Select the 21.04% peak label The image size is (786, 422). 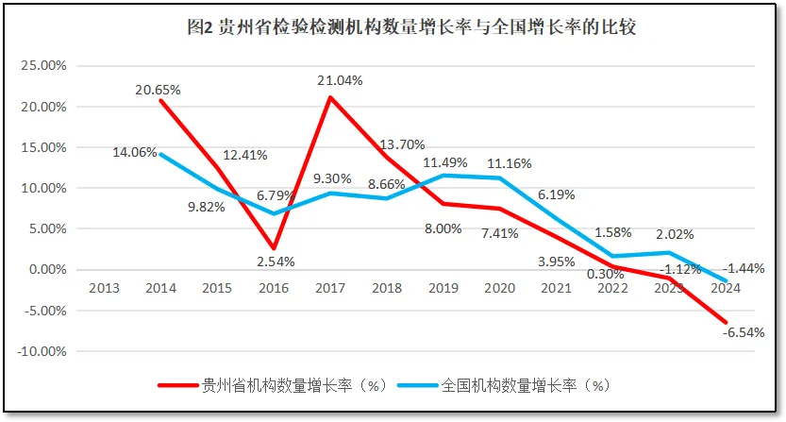tap(340, 80)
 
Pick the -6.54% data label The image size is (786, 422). tap(741, 331)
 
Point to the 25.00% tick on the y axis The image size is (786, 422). tap(42, 66)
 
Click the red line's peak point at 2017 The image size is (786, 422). tap(330, 97)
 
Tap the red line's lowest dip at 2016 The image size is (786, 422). tap(274, 248)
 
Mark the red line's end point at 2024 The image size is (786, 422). tap(727, 323)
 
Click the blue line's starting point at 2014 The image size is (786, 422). tap(161, 155)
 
